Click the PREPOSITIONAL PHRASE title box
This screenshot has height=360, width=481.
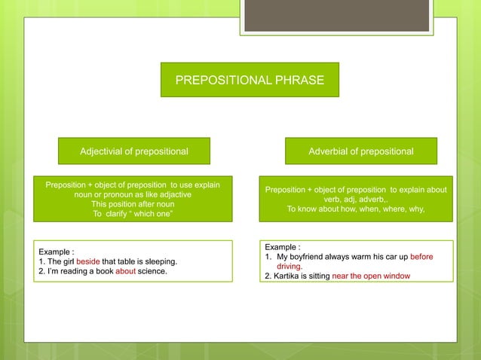click(x=250, y=79)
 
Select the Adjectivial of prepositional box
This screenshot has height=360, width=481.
click(x=134, y=151)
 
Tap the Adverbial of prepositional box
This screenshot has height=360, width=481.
click(x=360, y=151)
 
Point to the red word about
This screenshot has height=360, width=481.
click(x=125, y=272)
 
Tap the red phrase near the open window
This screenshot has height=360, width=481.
click(x=371, y=276)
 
